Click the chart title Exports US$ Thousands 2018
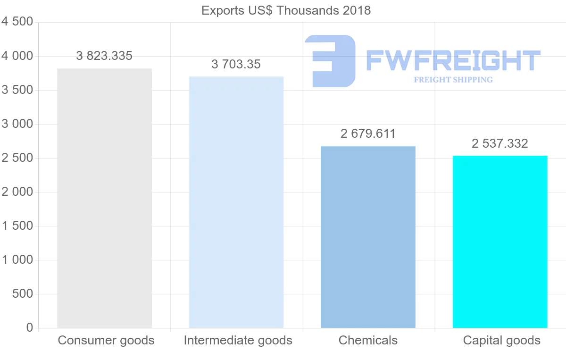tap(286, 10)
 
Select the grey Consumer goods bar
tap(104, 198)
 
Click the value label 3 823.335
tap(104, 56)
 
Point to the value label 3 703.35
tap(236, 65)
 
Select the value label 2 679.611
tap(368, 134)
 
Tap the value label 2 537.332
tap(500, 144)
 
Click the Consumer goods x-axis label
tap(106, 340)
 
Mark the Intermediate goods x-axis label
tap(238, 340)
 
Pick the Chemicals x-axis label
tap(368, 340)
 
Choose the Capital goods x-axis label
tap(502, 340)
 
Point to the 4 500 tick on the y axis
tap(17, 22)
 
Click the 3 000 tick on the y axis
tap(17, 124)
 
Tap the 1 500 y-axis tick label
tap(17, 226)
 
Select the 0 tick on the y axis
tap(30, 328)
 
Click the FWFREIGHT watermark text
tap(453, 60)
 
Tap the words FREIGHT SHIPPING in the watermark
tap(453, 80)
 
